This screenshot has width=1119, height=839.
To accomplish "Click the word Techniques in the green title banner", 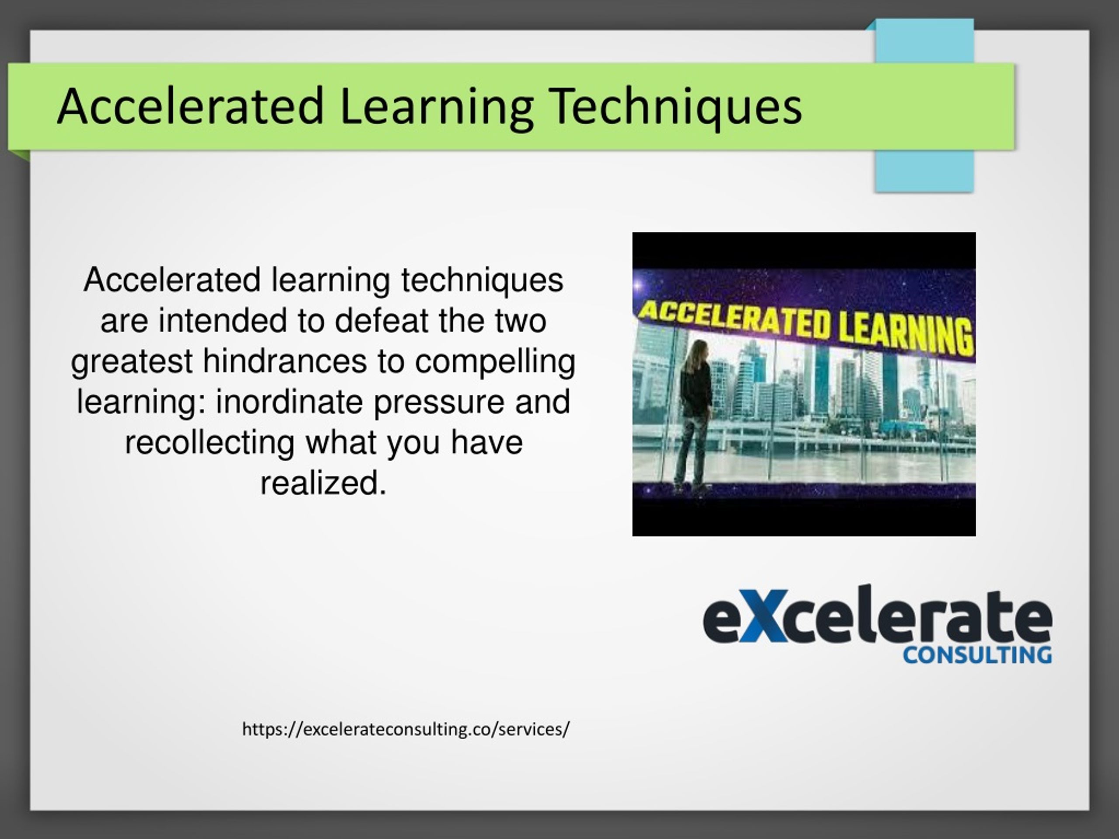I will (x=676, y=106).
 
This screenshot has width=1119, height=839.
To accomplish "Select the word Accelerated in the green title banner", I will (x=190, y=106).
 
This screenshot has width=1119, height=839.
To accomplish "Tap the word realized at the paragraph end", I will (x=323, y=483).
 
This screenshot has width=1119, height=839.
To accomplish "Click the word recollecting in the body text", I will (x=209, y=442).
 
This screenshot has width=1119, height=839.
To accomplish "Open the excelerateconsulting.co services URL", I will (x=406, y=729).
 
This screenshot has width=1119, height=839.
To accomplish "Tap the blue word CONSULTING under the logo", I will (x=977, y=656).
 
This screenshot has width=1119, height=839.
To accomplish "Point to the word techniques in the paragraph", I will (x=482, y=280).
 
